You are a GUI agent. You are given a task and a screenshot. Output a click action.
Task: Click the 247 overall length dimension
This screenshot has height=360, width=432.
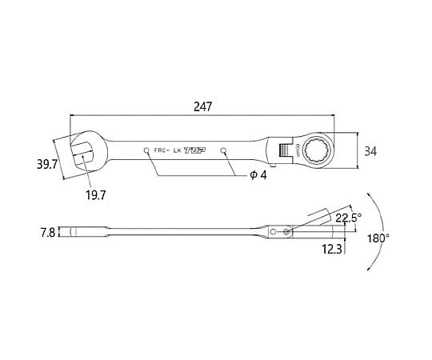pos(202,106)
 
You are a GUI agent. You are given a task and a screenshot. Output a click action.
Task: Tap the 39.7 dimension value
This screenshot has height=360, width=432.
pos(47,165)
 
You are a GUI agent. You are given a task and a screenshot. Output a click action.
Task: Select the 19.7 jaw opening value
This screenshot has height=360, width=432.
pos(96,195)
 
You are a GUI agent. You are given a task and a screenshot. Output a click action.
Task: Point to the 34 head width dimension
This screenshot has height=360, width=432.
pos(370,151)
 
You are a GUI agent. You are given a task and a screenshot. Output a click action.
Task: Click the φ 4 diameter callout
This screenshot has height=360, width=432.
pos(258,175)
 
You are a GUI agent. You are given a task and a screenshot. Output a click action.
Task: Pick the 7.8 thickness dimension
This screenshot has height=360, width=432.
pos(48,232)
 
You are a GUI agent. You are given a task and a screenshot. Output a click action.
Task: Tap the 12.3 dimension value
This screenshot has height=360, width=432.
pos(332,249)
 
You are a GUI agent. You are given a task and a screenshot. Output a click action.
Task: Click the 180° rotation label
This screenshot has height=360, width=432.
pos(378,238)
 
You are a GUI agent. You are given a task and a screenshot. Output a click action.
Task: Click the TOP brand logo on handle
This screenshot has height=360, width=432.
pos(194,150)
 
